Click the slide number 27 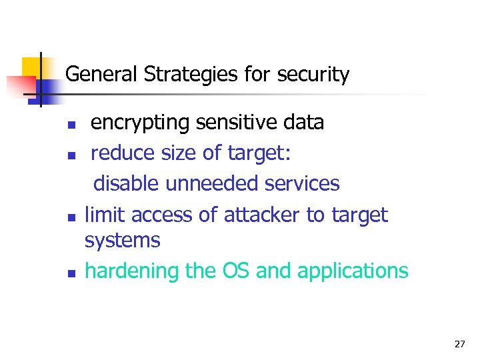click(459, 344)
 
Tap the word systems click(123, 240)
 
